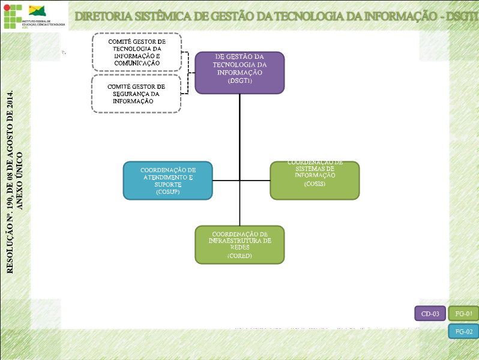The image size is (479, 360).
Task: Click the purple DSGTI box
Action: tap(239, 73)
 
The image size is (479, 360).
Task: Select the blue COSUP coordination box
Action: tap(168, 180)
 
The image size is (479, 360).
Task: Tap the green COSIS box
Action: tap(315, 180)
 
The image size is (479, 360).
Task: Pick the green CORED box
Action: tap(239, 244)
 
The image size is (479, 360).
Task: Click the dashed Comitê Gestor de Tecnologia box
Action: tap(137, 52)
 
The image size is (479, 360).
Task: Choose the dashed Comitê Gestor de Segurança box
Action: tap(137, 94)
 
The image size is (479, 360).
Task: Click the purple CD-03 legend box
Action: tap(430, 313)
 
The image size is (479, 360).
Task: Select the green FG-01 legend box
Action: tap(463, 313)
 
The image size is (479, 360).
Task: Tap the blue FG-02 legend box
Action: tap(463, 331)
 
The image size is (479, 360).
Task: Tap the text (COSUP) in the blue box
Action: tap(168, 192)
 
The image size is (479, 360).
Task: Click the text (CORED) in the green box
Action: tap(239, 256)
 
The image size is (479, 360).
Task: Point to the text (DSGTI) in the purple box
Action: tap(239, 81)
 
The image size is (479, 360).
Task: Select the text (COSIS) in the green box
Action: tap(315, 184)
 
